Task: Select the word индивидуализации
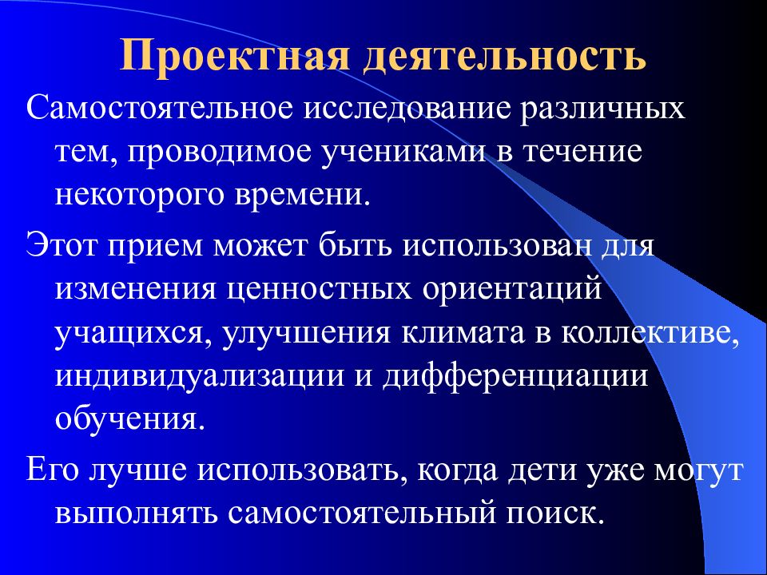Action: (x=188, y=375)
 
